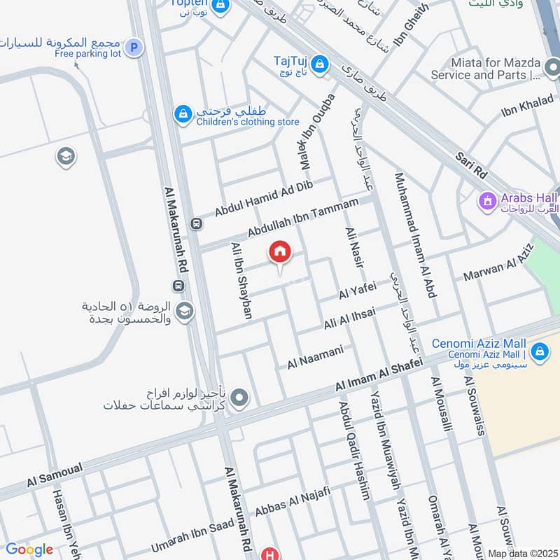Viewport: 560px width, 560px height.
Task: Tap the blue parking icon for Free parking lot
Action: [134, 48]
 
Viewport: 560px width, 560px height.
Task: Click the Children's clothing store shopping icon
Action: [183, 113]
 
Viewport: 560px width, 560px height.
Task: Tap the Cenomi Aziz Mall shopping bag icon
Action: [539, 351]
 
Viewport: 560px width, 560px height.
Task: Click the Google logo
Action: [29, 549]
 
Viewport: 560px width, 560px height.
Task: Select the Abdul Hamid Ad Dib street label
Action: [262, 197]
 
